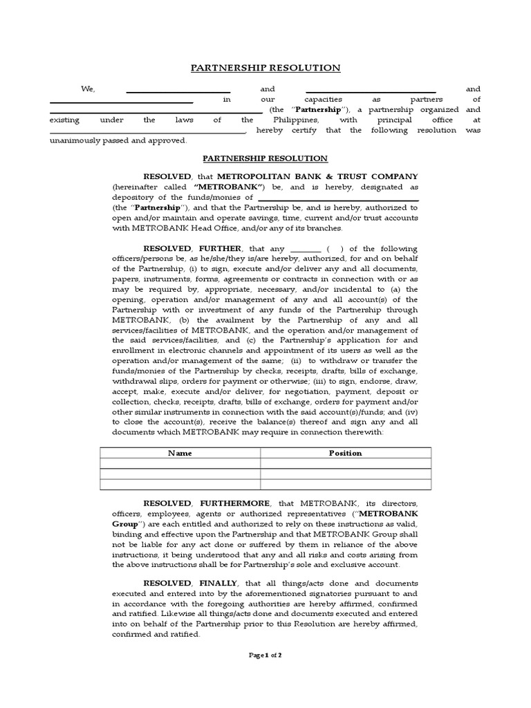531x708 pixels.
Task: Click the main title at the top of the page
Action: (x=265, y=68)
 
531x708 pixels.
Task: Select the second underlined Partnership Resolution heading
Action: (x=265, y=158)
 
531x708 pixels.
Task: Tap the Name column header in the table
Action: (x=180, y=453)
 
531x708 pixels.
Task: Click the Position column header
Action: (x=346, y=453)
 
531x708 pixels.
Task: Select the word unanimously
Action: (x=73, y=140)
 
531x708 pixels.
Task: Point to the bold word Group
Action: (x=124, y=524)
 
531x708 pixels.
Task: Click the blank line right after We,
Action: (x=178, y=90)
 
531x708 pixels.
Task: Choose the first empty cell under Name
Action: (x=180, y=464)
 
